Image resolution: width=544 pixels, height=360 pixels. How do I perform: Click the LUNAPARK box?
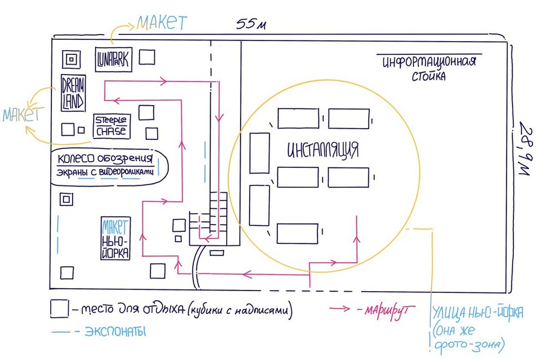tap(114, 60)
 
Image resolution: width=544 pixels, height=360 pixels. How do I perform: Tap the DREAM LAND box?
tap(73, 93)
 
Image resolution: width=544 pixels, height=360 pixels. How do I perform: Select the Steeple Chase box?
tap(112, 126)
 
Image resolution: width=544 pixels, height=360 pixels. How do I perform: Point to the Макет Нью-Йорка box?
tap(115, 238)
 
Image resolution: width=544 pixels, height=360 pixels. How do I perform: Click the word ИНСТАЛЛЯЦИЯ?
tap(323, 150)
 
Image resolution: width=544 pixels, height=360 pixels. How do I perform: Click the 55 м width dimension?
tap(251, 24)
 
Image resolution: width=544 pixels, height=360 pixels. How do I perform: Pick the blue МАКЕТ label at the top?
tap(161, 23)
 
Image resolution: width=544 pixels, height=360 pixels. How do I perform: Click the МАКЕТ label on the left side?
tap(23, 114)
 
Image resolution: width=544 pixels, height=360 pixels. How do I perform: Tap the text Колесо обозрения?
tap(105, 159)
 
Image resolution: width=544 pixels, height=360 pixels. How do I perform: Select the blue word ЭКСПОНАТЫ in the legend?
tap(115, 332)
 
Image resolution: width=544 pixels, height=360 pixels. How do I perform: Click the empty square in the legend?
tap(59, 308)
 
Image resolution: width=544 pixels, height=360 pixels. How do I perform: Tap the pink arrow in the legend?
tap(340, 308)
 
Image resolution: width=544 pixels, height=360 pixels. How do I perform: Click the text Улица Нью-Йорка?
tap(478, 313)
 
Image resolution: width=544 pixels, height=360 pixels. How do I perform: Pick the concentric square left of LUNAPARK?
tap(71, 59)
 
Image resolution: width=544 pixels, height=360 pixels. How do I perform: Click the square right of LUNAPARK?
tap(147, 57)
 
